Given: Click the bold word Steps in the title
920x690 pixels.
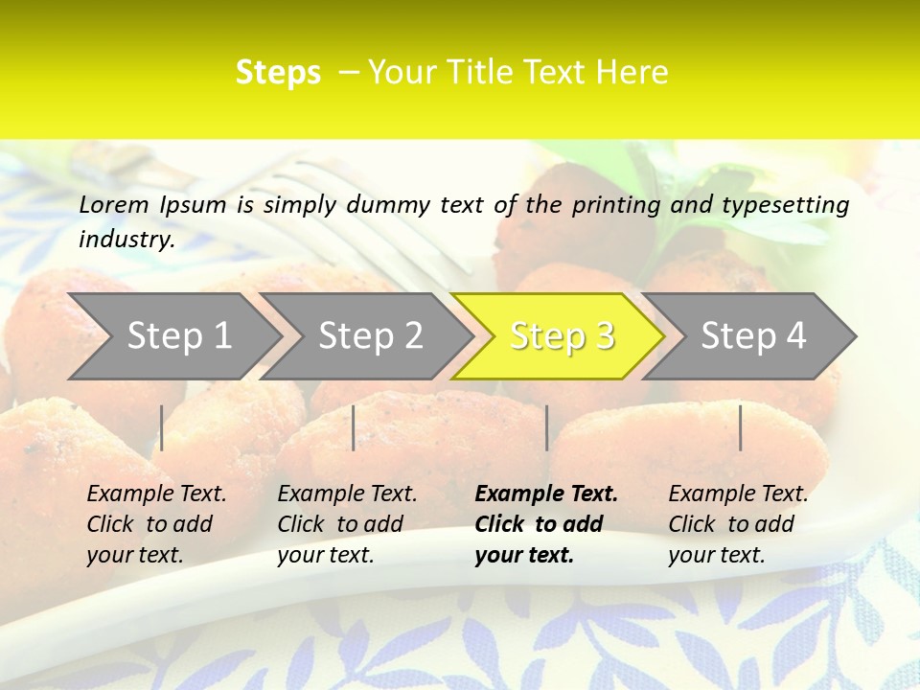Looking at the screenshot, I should pyautogui.click(x=278, y=73).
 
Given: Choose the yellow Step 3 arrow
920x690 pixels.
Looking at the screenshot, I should pyautogui.click(x=562, y=336).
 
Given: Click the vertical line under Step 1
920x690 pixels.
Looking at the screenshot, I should pyautogui.click(x=162, y=427).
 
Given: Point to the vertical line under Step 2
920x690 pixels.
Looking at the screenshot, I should pyautogui.click(x=354, y=427).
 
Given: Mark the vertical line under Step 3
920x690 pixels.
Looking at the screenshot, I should pyautogui.click(x=546, y=427).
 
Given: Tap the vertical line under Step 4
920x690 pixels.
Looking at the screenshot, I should pyautogui.click(x=741, y=427).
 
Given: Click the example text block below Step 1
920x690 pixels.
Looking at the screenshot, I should pyautogui.click(x=156, y=524).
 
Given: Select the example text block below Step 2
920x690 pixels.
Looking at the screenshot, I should pyautogui.click(x=347, y=524).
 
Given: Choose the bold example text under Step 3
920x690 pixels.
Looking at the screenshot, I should pyautogui.click(x=546, y=524).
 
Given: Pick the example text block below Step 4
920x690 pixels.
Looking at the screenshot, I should pyautogui.click(x=738, y=524).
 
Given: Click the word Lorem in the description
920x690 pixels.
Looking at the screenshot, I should pyautogui.click(x=114, y=204).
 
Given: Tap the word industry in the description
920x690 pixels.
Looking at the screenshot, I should pyautogui.click(x=126, y=240).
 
